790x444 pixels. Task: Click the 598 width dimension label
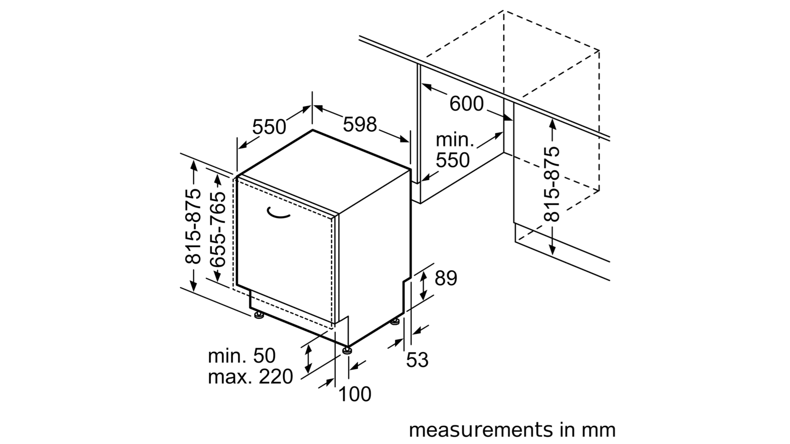pyautogui.click(x=360, y=124)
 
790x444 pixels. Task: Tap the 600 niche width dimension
pyautogui.click(x=466, y=104)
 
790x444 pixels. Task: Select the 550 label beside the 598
pyautogui.click(x=269, y=127)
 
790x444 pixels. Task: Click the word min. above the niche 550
pyautogui.click(x=455, y=140)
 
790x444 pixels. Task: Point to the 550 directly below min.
pyautogui.click(x=453, y=160)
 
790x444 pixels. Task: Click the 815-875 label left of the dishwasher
pyautogui.click(x=193, y=226)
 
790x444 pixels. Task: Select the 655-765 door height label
pyautogui.click(x=218, y=229)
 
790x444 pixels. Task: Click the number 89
pyautogui.click(x=446, y=278)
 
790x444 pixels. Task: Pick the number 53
pyautogui.click(x=417, y=360)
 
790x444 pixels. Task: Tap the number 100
pyautogui.click(x=355, y=394)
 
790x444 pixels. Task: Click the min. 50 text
pyautogui.click(x=241, y=356)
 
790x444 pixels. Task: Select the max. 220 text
pyautogui.click(x=250, y=377)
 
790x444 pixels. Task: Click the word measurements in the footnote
pyautogui.click(x=480, y=430)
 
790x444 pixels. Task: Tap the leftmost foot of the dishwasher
pyautogui.click(x=259, y=315)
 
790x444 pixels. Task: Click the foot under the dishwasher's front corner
pyautogui.click(x=348, y=350)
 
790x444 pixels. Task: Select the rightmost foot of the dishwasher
pyautogui.click(x=395, y=321)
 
